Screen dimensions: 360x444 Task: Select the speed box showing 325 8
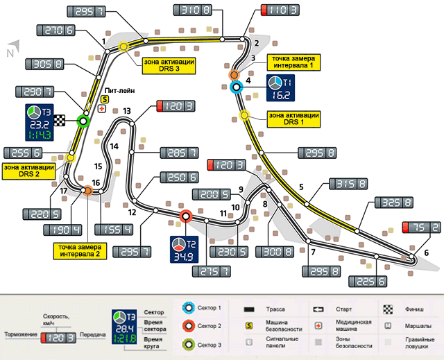pyautogui.click(x=393, y=203)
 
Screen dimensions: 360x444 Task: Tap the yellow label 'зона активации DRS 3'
pyautogui.click(x=166, y=65)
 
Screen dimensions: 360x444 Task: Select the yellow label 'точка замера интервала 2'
pyautogui.click(x=79, y=252)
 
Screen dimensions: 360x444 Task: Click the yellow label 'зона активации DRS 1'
pyautogui.click(x=293, y=119)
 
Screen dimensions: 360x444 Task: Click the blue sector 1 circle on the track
pyautogui.click(x=235, y=87)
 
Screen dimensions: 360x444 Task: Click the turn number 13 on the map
pyautogui.click(x=126, y=110)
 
